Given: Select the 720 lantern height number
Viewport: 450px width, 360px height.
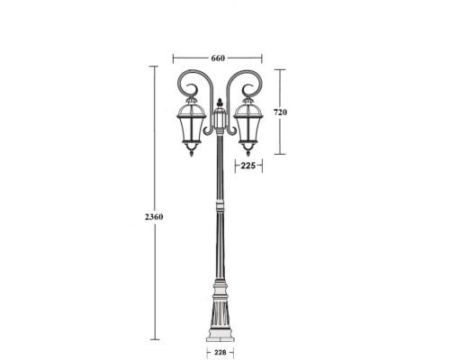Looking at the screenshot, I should pyautogui.click(x=280, y=112).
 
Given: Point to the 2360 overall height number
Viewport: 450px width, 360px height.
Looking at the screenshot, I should pyautogui.click(x=154, y=217).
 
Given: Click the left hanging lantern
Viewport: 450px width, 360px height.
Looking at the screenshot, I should pyautogui.click(x=190, y=128).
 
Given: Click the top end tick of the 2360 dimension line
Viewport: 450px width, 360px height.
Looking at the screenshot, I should pyautogui.click(x=154, y=67).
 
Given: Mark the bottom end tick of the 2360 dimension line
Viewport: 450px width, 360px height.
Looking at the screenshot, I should pyautogui.click(x=154, y=339).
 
